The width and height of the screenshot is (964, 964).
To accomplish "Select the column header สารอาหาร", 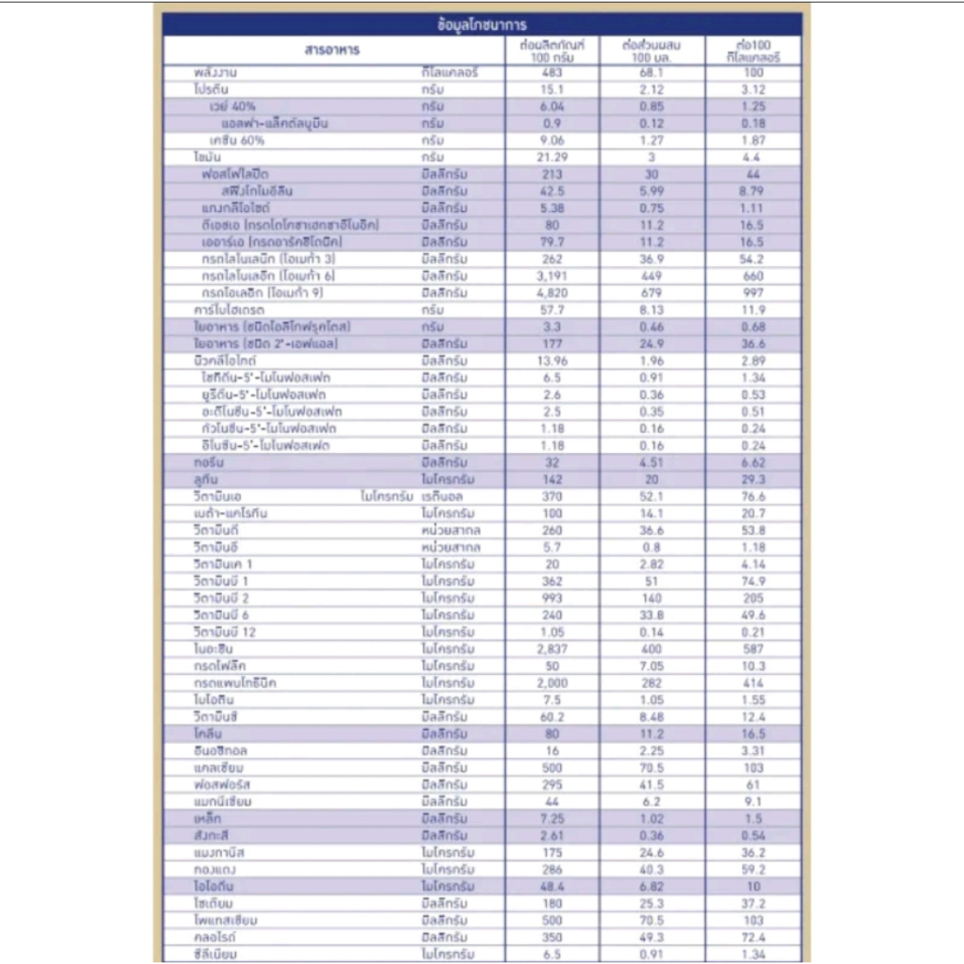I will coord(331,50).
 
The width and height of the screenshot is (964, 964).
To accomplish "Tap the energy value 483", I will coord(553,73).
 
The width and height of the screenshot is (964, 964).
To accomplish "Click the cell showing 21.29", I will coord(553,158).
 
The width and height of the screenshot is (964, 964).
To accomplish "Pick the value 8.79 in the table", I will coord(752,192).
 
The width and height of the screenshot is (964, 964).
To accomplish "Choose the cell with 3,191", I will coord(553,276).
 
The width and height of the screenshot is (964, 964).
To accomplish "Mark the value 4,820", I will coord(553,293).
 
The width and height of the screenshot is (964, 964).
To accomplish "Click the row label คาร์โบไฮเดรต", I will coord(229,310).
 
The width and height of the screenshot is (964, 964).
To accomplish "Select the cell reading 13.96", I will coord(553,361).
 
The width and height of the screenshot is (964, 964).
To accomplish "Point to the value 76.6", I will coord(752,496).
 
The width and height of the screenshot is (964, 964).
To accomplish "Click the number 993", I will coord(553,598).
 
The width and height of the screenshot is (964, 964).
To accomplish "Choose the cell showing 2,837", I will coord(553,649).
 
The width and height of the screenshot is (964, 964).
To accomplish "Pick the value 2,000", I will coord(553,683).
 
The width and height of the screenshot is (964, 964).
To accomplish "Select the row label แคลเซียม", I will coord(219,767).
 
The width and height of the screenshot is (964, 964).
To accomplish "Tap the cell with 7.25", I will coord(553,819).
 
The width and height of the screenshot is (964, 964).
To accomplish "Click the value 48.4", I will coord(553,887).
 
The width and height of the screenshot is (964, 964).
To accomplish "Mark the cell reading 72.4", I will coord(752,938).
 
